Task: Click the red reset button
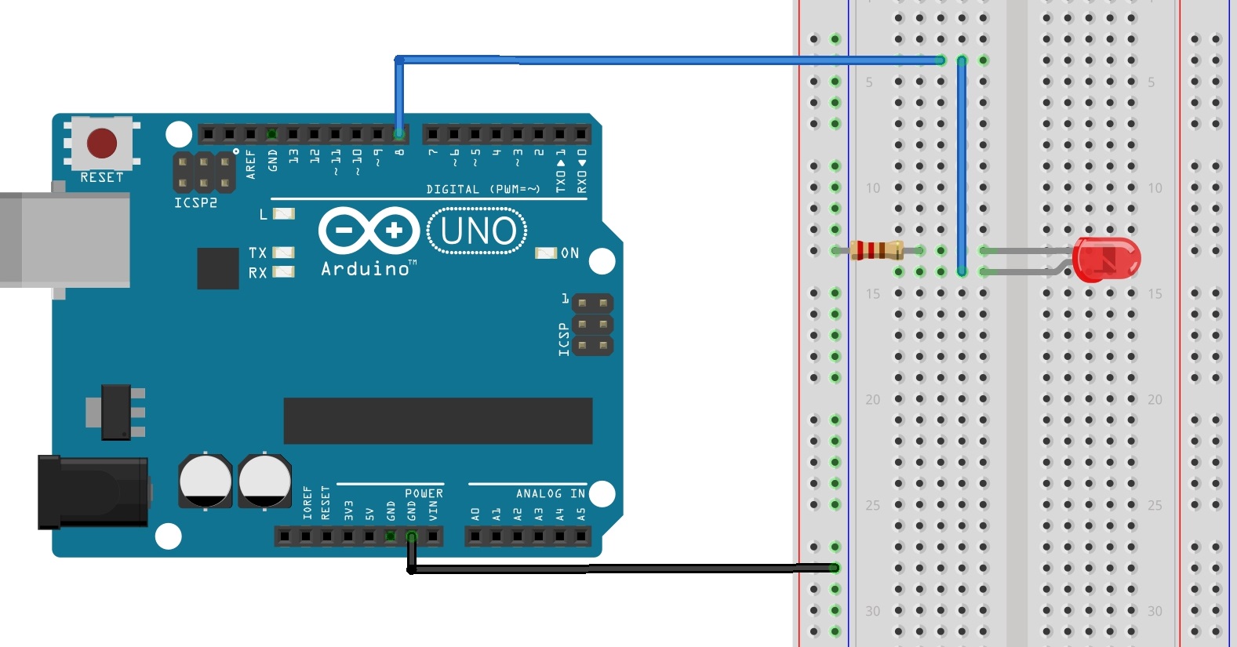coord(102,144)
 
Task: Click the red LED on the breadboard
coord(1106,260)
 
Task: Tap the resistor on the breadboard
coord(875,251)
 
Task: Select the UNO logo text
coord(478,231)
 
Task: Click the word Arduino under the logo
coord(366,269)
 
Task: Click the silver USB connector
coord(63,239)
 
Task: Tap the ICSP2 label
coord(195,203)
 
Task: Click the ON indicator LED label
coord(569,253)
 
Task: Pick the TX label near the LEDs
coord(257,253)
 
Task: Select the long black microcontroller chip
coord(438,421)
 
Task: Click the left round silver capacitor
coord(206,480)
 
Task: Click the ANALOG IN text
coord(550,493)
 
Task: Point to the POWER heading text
coord(424,493)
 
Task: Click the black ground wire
coord(620,568)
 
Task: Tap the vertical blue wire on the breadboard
coord(962,165)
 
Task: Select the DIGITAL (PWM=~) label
coord(482,189)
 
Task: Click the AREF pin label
coord(251,165)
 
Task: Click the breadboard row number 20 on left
coord(872,400)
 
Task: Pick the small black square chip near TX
coord(218,268)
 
